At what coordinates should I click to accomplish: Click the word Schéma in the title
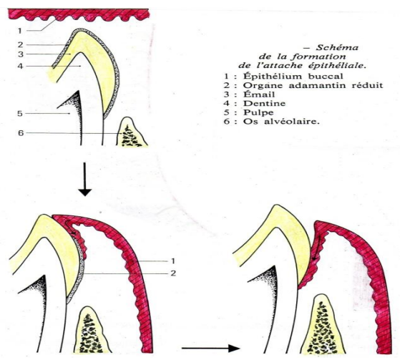click(x=337, y=47)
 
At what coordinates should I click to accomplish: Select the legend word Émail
click(x=259, y=94)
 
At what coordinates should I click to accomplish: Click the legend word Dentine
click(x=264, y=103)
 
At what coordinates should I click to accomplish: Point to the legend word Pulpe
click(x=258, y=113)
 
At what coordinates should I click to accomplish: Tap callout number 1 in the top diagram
click(x=20, y=31)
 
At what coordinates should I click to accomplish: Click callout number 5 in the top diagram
click(x=20, y=114)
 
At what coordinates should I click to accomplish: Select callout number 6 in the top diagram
click(x=21, y=133)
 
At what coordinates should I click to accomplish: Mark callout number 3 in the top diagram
click(x=21, y=54)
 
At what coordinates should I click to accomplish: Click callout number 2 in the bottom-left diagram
click(x=173, y=273)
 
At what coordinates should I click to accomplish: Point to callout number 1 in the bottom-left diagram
click(x=173, y=261)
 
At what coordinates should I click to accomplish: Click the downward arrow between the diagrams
click(x=84, y=180)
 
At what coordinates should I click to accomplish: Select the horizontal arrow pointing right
click(x=210, y=348)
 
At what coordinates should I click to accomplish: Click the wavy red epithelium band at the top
click(x=78, y=14)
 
